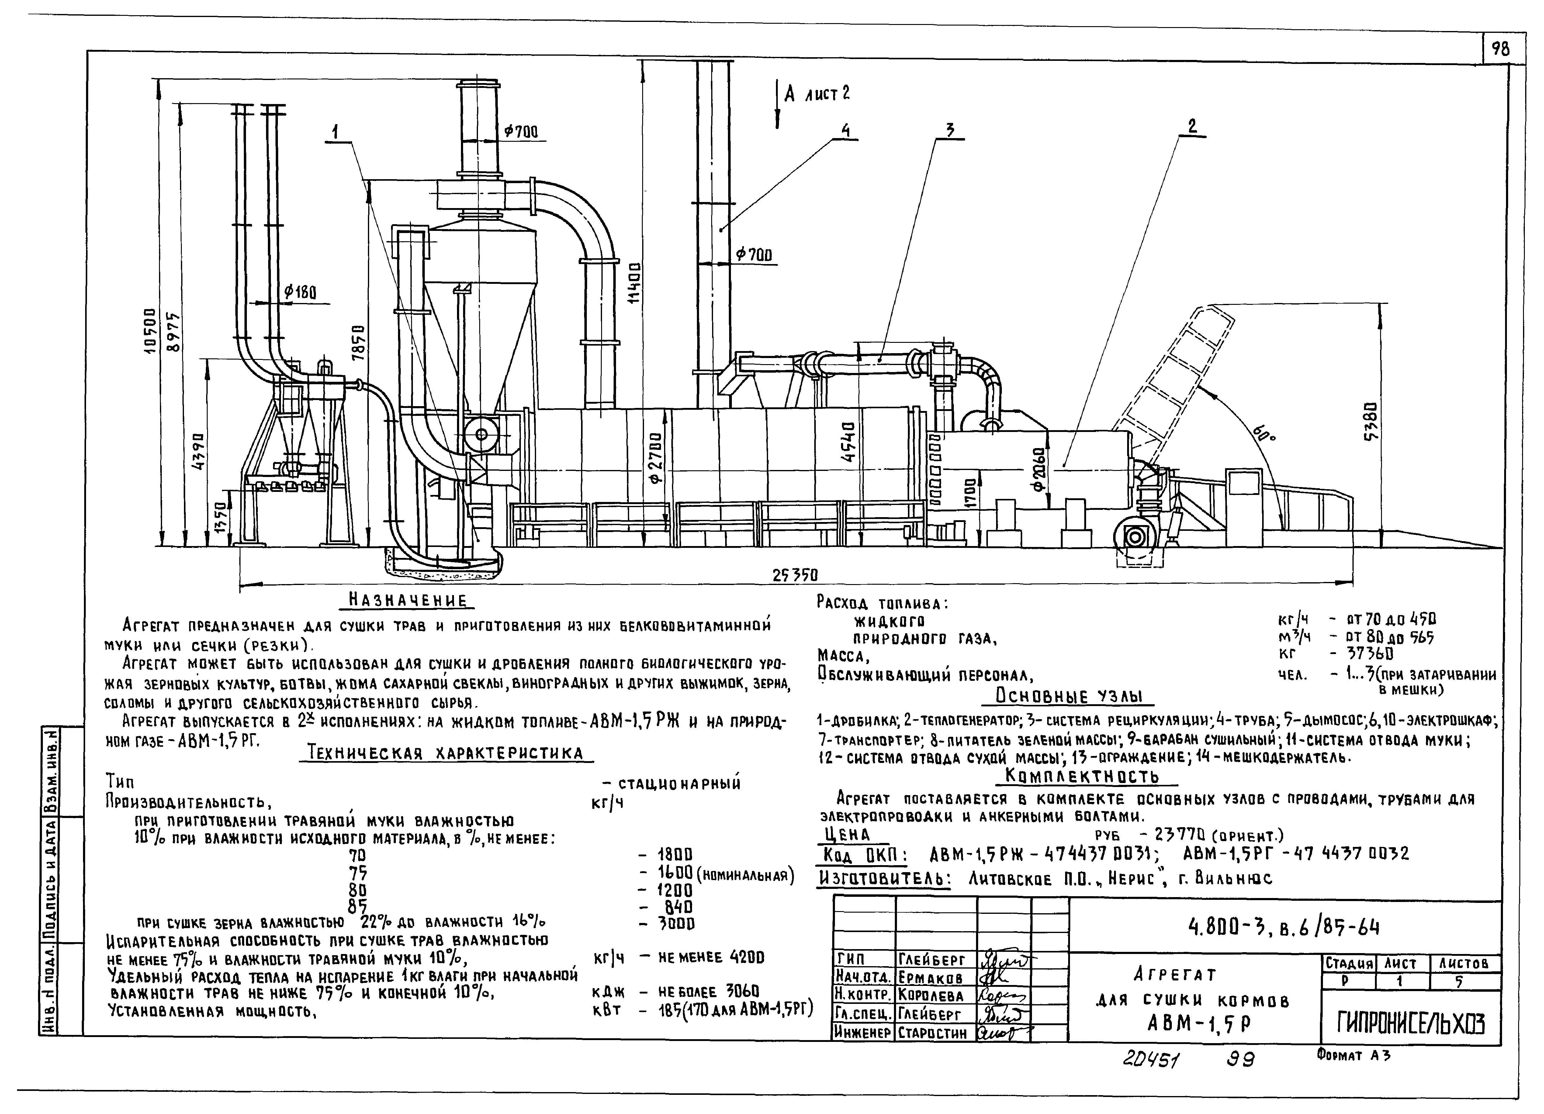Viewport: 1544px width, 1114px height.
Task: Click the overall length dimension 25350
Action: tap(795, 575)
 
